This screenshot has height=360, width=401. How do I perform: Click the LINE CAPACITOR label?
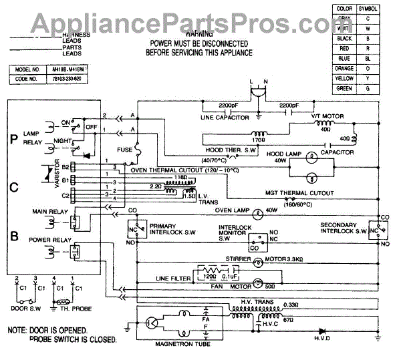225,118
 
